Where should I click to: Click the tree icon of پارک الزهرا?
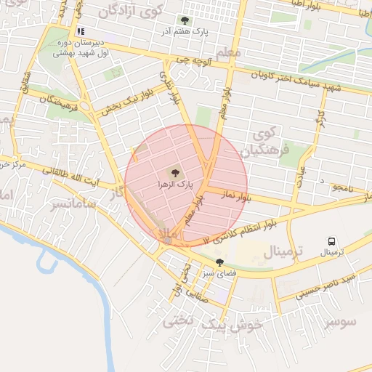pyautogui.click(x=174, y=173)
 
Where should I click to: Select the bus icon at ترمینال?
pyautogui.click(x=331, y=241)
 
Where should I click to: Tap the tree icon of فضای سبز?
pyautogui.click(x=219, y=262)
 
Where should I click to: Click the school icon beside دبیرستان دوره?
pyautogui.click(x=81, y=32)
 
